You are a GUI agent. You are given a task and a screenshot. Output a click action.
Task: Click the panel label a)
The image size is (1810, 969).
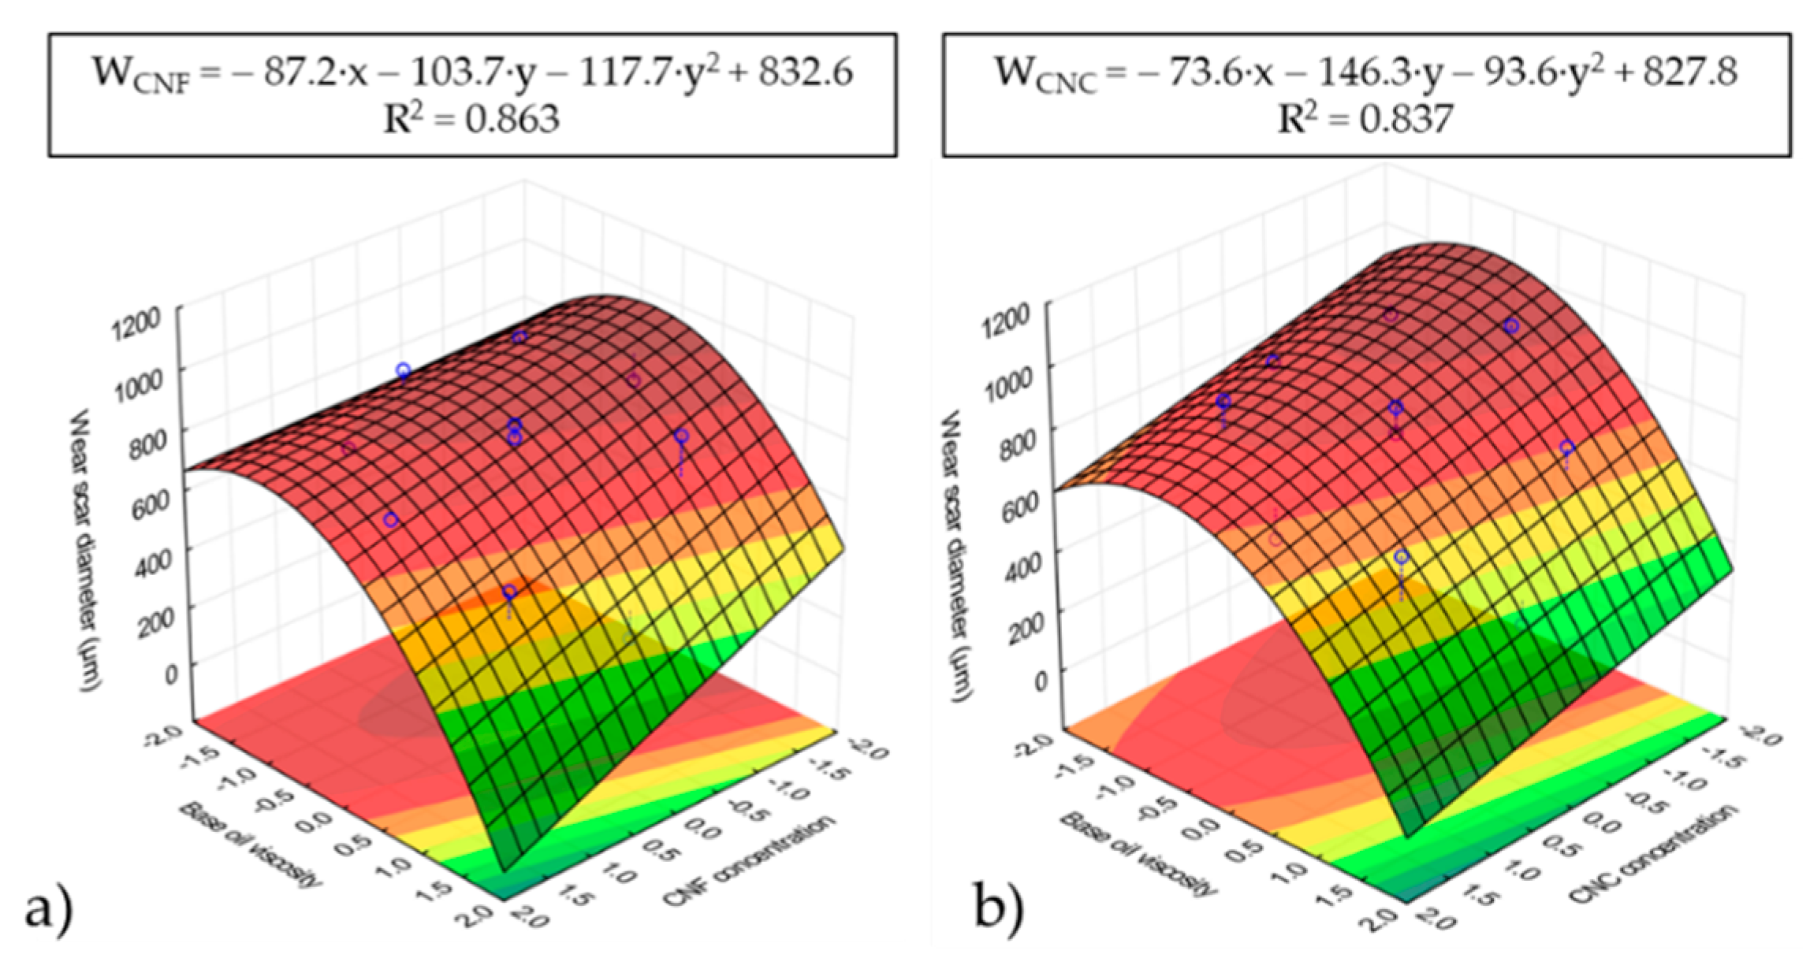49,911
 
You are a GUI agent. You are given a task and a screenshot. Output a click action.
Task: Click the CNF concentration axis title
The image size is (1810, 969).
749,861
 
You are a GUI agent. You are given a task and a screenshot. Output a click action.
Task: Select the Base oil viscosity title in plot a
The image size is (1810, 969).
251,845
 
